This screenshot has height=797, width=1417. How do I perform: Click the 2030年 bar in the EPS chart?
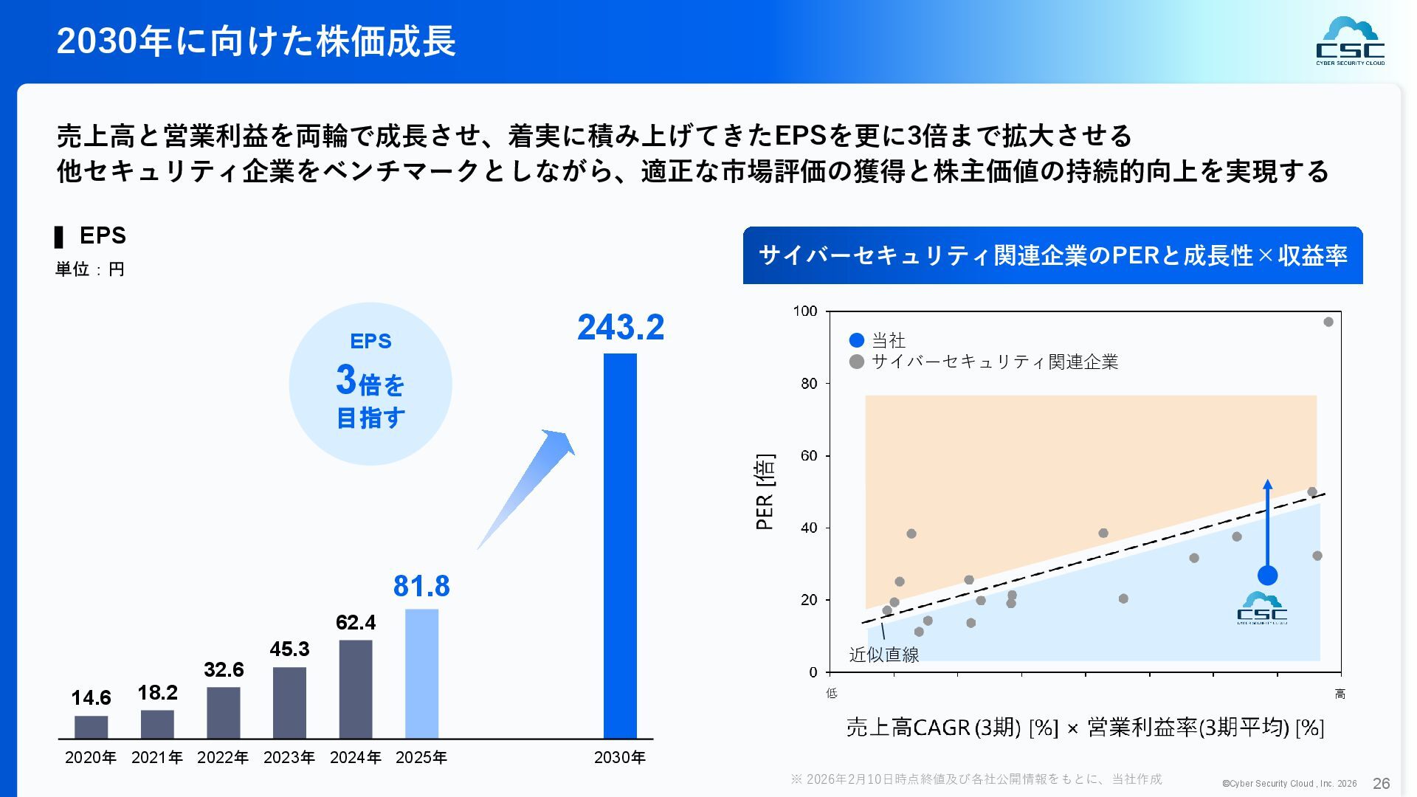(x=620, y=546)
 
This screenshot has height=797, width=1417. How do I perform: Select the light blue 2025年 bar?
(x=421, y=673)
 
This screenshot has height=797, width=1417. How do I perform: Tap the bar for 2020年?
(x=91, y=727)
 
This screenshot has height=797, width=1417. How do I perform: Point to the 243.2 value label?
(x=621, y=327)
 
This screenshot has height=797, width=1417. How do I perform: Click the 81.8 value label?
(x=421, y=586)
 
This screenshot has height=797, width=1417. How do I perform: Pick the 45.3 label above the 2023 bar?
(x=289, y=649)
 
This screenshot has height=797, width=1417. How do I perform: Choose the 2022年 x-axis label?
(x=223, y=757)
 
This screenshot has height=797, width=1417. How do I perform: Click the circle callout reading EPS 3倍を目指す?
(x=370, y=384)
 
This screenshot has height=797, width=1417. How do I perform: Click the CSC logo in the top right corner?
(x=1350, y=41)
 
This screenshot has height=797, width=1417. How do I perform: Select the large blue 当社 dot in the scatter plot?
(x=1267, y=576)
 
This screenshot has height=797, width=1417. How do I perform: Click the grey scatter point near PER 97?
(x=1328, y=322)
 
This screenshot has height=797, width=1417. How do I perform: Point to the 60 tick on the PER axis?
(x=809, y=456)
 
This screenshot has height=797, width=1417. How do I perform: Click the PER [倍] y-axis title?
(x=765, y=491)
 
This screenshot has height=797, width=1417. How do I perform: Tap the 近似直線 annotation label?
(x=883, y=655)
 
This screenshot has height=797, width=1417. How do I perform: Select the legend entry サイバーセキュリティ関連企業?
(x=994, y=362)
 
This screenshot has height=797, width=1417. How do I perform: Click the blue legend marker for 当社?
(x=857, y=340)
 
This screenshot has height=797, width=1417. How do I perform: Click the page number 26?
(x=1381, y=783)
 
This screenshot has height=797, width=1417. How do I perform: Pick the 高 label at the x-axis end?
(x=1340, y=694)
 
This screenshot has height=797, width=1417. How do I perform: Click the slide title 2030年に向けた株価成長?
(x=256, y=41)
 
